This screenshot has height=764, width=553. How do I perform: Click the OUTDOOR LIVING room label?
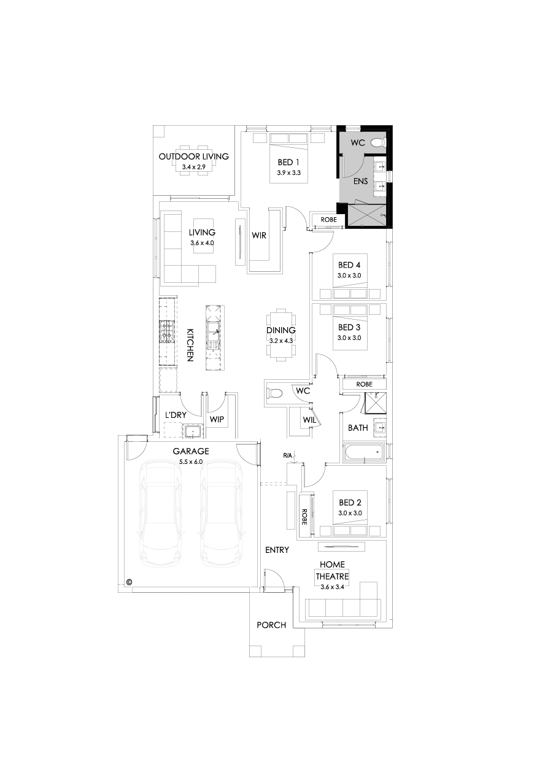coord(193,156)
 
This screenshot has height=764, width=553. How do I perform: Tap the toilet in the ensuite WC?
coord(379,142)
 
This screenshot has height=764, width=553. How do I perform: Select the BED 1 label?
coord(288,163)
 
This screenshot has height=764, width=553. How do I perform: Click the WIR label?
coord(259,236)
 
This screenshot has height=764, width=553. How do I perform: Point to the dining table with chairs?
coord(281,335)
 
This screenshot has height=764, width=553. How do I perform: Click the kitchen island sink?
coord(215,334)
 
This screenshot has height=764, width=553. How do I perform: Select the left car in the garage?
coord(160,514)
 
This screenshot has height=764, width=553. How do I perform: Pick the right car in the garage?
coord(220,514)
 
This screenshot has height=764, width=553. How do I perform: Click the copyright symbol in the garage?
coord(130,582)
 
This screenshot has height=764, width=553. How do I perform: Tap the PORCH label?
coord(271,625)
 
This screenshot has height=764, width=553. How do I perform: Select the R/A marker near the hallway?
coord(288,455)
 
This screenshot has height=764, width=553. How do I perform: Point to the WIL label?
coord(307,419)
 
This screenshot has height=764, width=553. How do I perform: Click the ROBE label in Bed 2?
coord(304,517)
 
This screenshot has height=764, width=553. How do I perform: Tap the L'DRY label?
coord(175,415)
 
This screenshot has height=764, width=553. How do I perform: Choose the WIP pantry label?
coord(216,419)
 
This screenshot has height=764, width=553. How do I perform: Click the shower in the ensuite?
coord(366,215)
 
